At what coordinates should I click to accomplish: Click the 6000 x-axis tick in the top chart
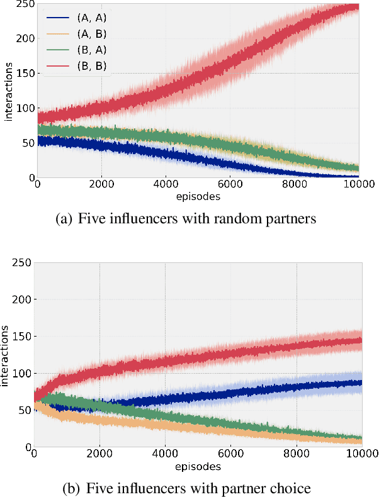point(230,186)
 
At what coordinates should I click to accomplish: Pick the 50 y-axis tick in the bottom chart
point(24,410)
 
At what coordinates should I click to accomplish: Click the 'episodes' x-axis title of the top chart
point(198,196)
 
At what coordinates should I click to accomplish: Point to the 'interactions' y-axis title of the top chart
point(8,92)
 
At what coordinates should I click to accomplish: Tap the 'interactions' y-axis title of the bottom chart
point(7,356)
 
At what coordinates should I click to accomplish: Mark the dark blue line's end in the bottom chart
point(361,382)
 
